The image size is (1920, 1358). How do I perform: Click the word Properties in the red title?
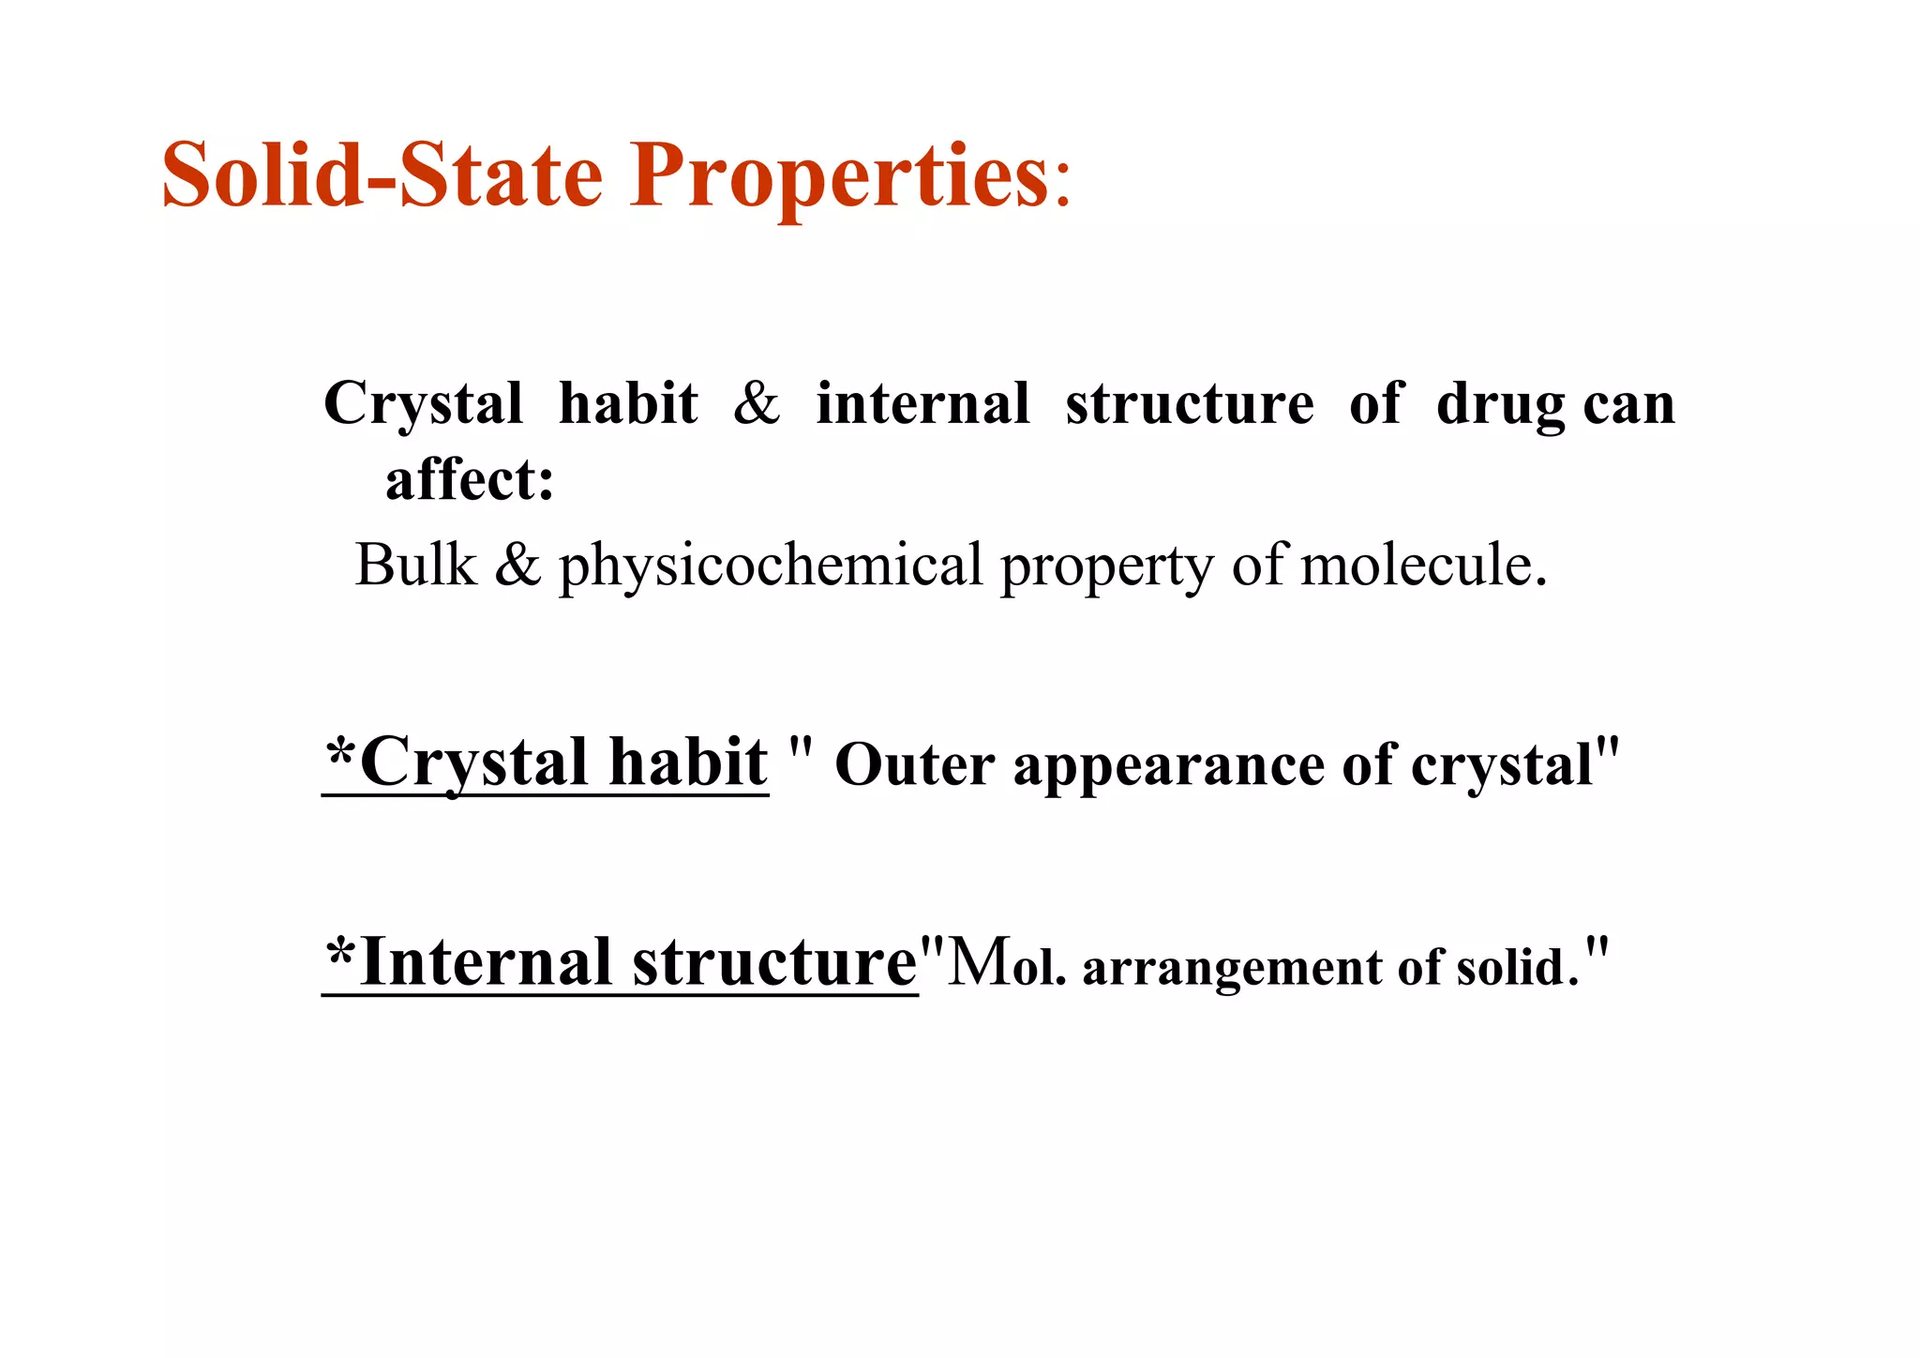pyautogui.click(x=839, y=176)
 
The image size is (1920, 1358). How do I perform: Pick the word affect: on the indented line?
pyautogui.click(x=470, y=480)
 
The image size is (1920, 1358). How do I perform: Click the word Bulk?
pyautogui.click(x=416, y=566)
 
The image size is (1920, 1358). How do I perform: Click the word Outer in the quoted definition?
pyautogui.click(x=914, y=764)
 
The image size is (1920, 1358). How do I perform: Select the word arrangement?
pyautogui.click(x=1231, y=968)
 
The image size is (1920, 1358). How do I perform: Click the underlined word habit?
pyautogui.click(x=688, y=762)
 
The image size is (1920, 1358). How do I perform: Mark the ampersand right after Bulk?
pyautogui.click(x=517, y=566)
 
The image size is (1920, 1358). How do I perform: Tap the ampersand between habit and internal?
pyautogui.click(x=757, y=404)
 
